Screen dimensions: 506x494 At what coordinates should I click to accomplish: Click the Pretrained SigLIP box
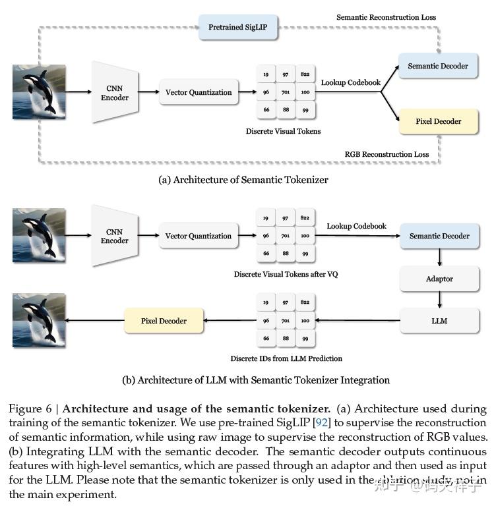237,27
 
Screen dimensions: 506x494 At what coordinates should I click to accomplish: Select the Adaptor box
439,279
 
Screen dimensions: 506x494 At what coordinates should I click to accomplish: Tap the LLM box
439,321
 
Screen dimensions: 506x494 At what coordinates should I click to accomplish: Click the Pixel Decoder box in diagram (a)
438,121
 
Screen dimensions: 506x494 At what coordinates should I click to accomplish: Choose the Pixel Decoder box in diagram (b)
164,321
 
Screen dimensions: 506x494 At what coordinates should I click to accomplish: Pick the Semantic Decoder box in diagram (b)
439,236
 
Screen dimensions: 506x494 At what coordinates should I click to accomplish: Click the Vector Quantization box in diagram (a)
199,92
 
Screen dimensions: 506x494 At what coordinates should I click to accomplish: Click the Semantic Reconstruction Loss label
386,16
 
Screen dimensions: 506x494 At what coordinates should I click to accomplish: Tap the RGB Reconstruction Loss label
386,154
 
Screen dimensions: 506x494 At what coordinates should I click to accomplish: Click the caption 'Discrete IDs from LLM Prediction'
286,358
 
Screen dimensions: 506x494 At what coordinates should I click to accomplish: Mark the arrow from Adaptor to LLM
439,300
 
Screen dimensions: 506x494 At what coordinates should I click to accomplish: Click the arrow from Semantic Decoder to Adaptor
439,257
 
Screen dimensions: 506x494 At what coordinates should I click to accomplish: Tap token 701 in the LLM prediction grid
286,321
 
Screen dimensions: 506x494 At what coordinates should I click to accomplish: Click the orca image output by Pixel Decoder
39,321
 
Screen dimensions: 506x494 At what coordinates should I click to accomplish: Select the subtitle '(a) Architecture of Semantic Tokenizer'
243,179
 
